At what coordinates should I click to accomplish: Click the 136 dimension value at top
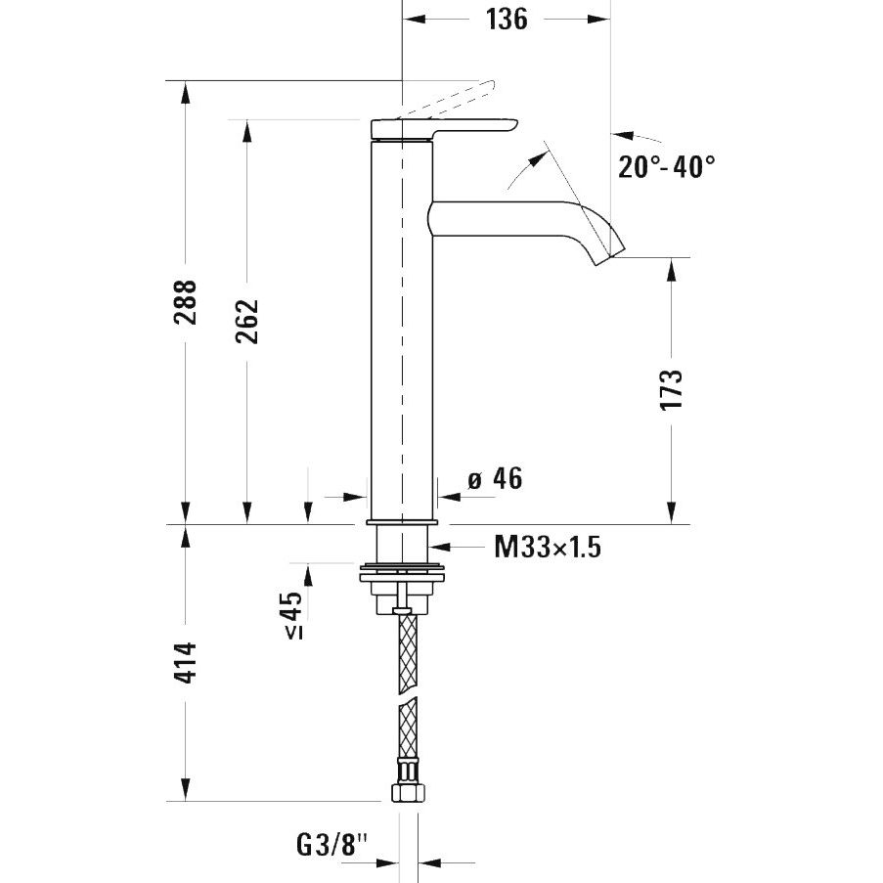pos(507,20)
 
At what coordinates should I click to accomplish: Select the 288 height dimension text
pos(185,302)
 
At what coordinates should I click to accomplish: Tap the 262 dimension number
pos(247,321)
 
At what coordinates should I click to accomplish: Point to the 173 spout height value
pos(671,390)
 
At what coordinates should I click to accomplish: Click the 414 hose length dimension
pos(185,662)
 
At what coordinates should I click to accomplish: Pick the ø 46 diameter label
pos(495,479)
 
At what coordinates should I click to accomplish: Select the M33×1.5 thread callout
pos(548,547)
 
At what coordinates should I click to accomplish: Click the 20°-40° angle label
pos(667,166)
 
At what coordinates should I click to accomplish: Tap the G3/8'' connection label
pos(331,845)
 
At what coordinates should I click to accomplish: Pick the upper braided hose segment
pos(409,653)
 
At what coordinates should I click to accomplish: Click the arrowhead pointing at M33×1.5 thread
pos(440,547)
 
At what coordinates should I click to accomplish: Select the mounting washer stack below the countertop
pos(402,588)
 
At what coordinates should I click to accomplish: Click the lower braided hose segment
pos(409,728)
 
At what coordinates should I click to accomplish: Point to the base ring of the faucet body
pos(402,522)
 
